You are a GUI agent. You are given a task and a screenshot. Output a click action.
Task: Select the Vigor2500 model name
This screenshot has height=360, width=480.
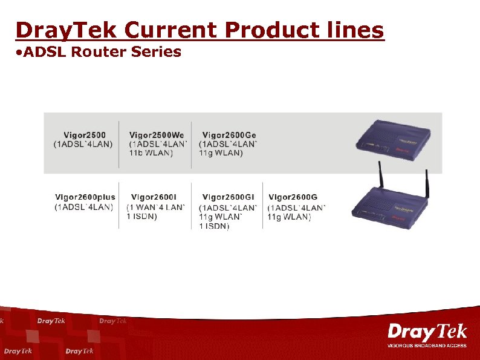click(x=85, y=135)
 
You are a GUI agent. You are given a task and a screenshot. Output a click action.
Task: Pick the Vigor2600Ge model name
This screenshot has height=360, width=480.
click(x=229, y=135)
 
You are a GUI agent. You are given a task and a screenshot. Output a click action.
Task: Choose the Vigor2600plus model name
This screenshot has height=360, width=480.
click(x=85, y=197)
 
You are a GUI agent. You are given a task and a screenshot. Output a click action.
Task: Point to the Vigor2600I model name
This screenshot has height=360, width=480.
click(x=154, y=197)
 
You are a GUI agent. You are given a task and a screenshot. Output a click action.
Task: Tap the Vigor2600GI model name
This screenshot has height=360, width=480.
click(x=228, y=197)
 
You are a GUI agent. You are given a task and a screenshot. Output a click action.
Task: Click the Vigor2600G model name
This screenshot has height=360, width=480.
click(x=293, y=197)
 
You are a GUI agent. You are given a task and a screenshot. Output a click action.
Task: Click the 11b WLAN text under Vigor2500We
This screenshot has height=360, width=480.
click(x=151, y=153)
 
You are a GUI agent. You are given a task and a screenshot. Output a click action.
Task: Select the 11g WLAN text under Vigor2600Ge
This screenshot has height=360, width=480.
click(x=221, y=153)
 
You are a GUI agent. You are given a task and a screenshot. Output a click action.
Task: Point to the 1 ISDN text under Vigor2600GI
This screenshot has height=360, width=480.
click(x=214, y=226)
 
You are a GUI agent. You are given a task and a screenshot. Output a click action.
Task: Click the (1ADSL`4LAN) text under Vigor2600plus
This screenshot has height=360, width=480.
click(x=84, y=207)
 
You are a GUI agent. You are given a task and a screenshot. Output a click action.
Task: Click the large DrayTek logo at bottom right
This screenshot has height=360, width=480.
click(x=427, y=332)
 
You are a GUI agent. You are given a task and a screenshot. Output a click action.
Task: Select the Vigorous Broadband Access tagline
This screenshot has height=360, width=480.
click(x=427, y=345)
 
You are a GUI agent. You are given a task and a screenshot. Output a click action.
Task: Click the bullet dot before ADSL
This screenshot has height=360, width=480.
click(x=20, y=53)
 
